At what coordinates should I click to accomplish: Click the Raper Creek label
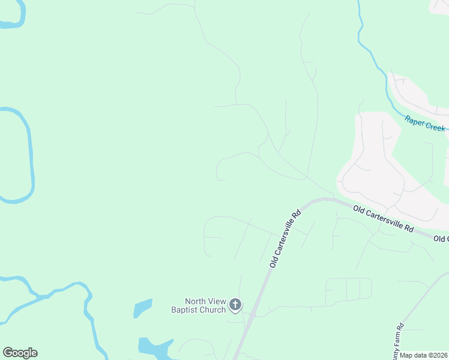tap(425, 124)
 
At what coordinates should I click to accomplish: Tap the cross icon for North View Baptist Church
tap(235, 305)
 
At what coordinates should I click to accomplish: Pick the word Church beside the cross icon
tap(213, 310)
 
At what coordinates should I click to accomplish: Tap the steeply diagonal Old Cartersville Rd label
tap(285, 238)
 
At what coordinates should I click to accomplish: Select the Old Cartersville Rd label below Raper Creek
tap(384, 219)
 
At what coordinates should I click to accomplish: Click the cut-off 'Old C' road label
tap(441, 239)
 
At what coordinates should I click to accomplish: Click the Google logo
tap(20, 353)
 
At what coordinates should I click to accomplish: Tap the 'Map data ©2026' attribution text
tap(424, 355)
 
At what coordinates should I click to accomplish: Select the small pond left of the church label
tap(142, 308)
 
